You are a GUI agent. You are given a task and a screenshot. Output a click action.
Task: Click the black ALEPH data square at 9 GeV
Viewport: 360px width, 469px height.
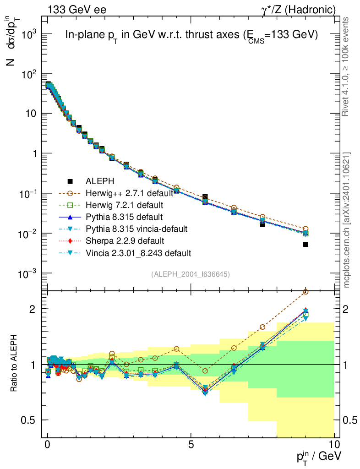(305, 245)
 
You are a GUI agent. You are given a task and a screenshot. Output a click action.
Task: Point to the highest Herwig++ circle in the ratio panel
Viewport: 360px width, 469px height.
(305, 292)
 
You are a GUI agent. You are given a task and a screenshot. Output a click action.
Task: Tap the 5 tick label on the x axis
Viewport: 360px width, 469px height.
(191, 445)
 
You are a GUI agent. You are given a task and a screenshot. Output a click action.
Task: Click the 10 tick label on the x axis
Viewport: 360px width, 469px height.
(334, 445)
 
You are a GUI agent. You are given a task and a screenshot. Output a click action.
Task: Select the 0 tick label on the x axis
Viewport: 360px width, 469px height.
(48, 445)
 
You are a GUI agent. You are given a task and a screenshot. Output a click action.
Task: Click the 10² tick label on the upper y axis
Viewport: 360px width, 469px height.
(28, 73)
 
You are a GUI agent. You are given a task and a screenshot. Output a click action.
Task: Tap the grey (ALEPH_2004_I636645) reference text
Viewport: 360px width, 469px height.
(191, 274)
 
